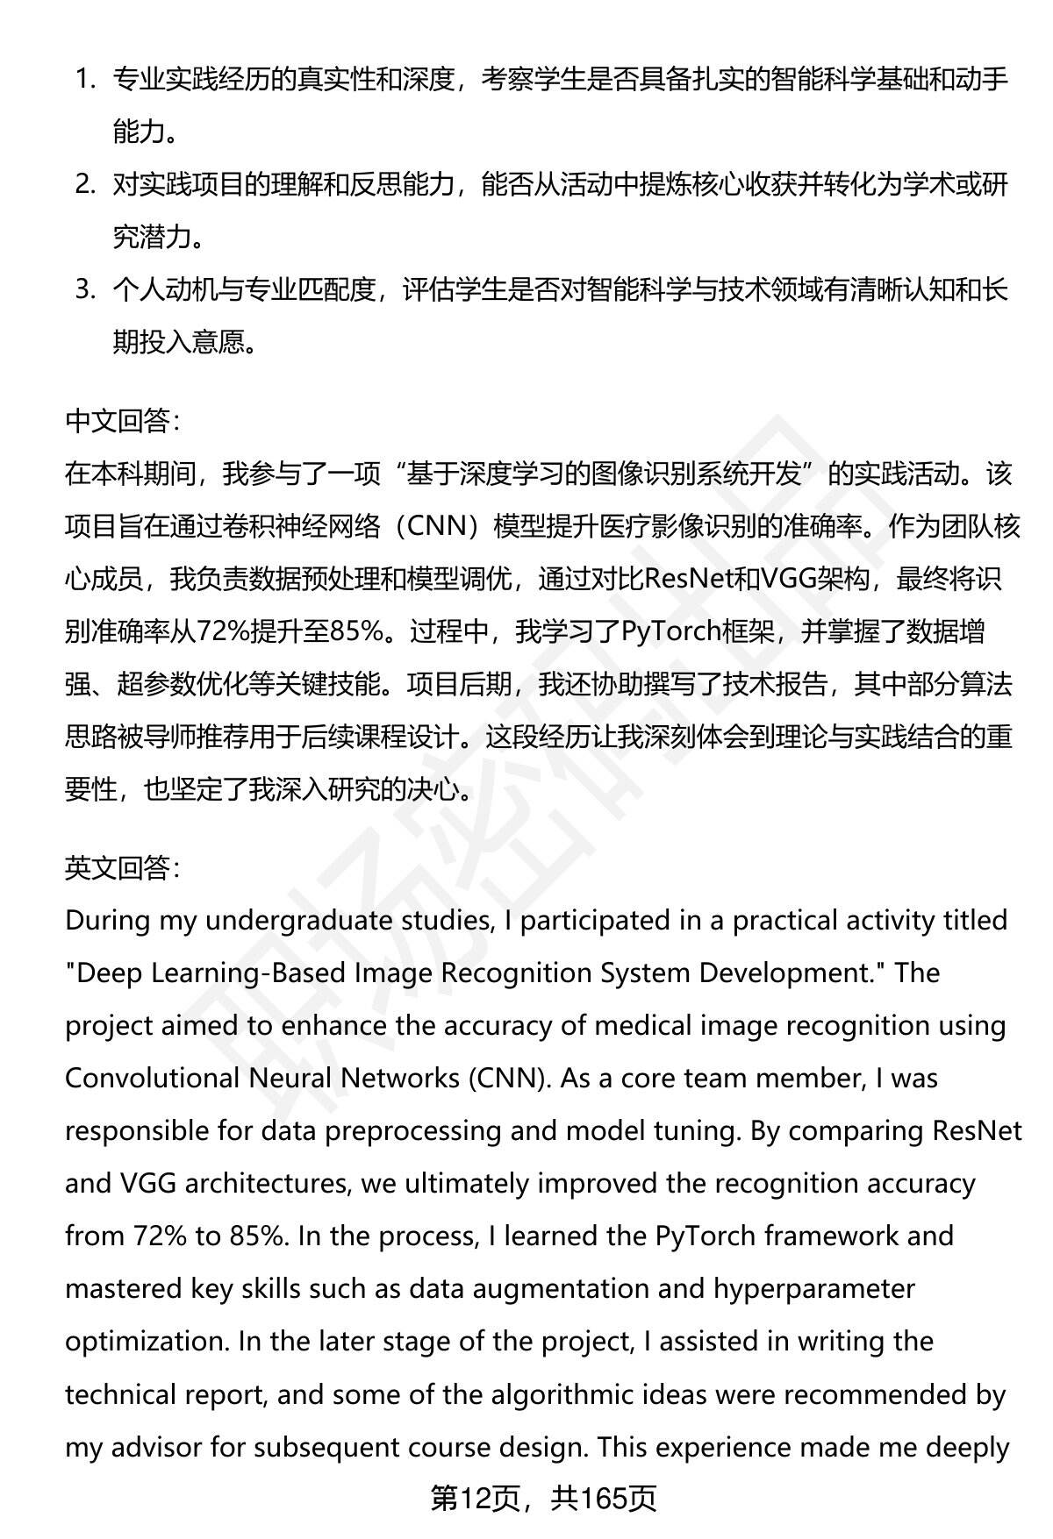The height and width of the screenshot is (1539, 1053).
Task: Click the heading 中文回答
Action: (x=121, y=422)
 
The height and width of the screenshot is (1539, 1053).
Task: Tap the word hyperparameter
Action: (x=814, y=1289)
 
